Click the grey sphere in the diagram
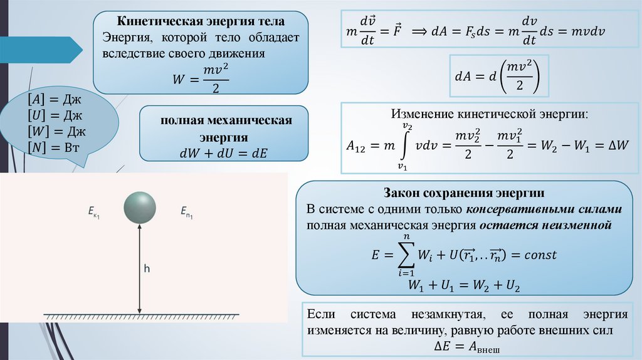(x=139, y=207)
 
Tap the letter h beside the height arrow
(x=147, y=269)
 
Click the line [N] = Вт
(x=50, y=147)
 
